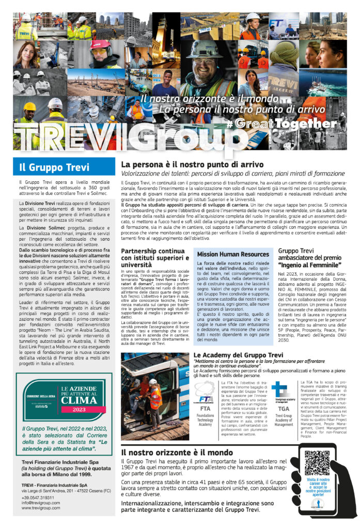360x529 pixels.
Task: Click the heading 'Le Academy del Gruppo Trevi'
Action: coord(238,355)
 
